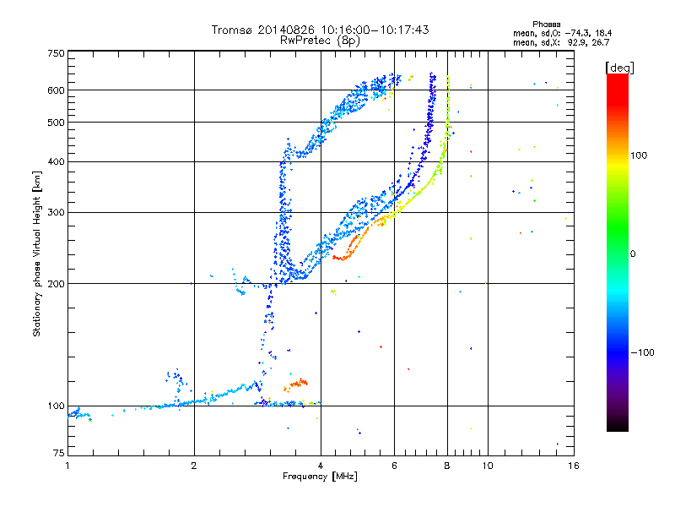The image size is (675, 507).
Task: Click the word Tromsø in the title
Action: [232, 30]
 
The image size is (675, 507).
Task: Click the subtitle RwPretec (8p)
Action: [321, 41]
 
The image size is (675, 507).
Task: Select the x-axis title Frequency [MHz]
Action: [320, 477]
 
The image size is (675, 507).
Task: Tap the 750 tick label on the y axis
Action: [57, 53]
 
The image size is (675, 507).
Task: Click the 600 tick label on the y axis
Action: [57, 90]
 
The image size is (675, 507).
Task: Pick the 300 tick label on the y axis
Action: [57, 213]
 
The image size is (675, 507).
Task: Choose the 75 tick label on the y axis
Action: [59, 453]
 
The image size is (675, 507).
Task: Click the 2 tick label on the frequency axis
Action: [194, 466]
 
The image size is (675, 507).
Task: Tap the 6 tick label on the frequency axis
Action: [394, 466]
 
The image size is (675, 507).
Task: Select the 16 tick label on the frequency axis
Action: [574, 466]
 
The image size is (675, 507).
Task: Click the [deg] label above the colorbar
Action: [619, 68]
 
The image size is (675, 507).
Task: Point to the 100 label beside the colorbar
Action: [639, 155]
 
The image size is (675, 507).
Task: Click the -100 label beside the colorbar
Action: [643, 352]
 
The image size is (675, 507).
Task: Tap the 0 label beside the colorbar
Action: [633, 254]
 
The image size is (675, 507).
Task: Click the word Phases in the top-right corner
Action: [546, 25]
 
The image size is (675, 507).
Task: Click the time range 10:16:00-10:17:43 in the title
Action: [375, 30]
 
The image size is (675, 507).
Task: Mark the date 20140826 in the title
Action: [286, 30]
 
